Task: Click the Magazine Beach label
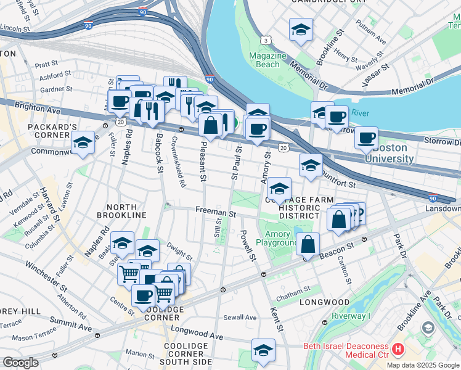[268, 60]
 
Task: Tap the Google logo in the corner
[20, 363]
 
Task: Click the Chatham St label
[293, 290]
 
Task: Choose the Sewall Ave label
[240, 318]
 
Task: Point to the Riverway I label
[351, 316]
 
